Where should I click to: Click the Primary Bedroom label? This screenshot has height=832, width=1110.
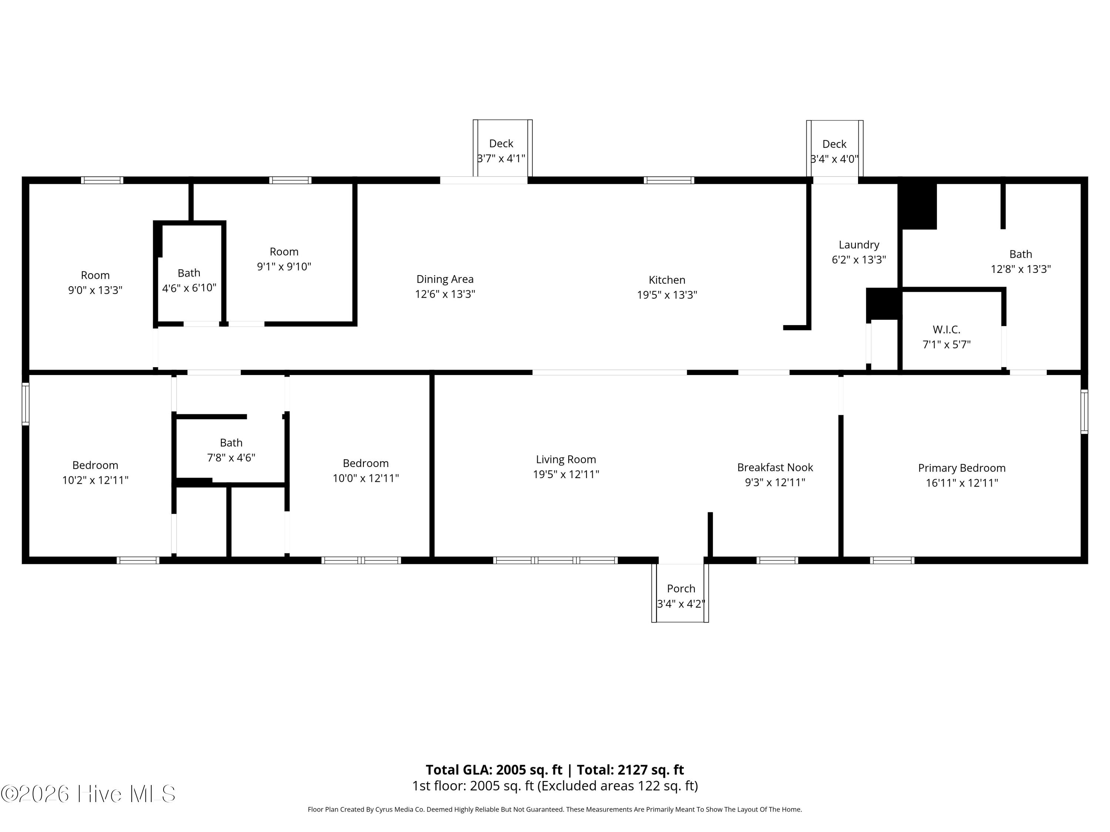coord(962,468)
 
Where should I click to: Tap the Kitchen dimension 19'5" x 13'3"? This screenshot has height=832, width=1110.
coord(667,295)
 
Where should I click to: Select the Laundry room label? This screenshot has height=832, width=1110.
coord(859,245)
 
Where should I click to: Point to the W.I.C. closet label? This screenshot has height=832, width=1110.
coord(946,329)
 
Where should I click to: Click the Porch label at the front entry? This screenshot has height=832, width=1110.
coord(681,588)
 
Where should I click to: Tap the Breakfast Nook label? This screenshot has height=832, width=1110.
coord(775,467)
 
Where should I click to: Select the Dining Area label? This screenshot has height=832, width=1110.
coord(445,279)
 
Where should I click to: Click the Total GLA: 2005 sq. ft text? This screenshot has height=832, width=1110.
coord(494,770)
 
